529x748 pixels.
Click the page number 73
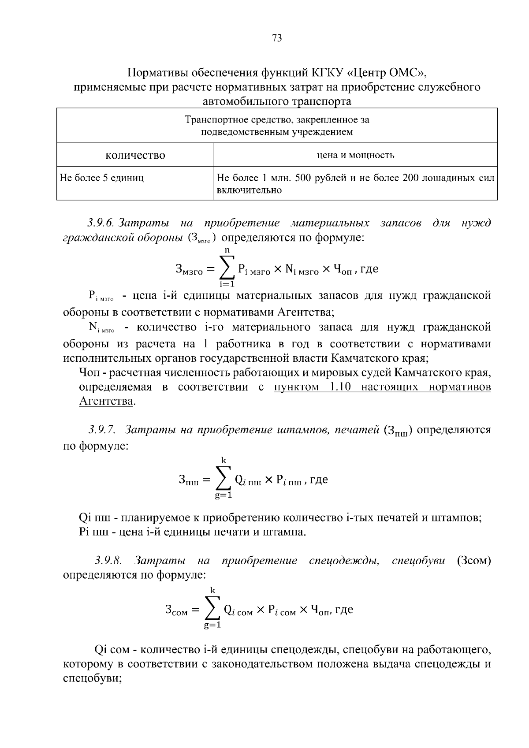[277, 38]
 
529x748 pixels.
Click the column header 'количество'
[135, 155]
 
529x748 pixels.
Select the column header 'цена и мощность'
[355, 155]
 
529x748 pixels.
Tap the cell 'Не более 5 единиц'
[102, 178]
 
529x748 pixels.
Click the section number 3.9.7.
[101, 429]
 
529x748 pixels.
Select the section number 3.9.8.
[108, 561]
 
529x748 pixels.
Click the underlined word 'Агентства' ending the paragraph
[106, 402]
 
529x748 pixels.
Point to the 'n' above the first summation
[228, 250]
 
